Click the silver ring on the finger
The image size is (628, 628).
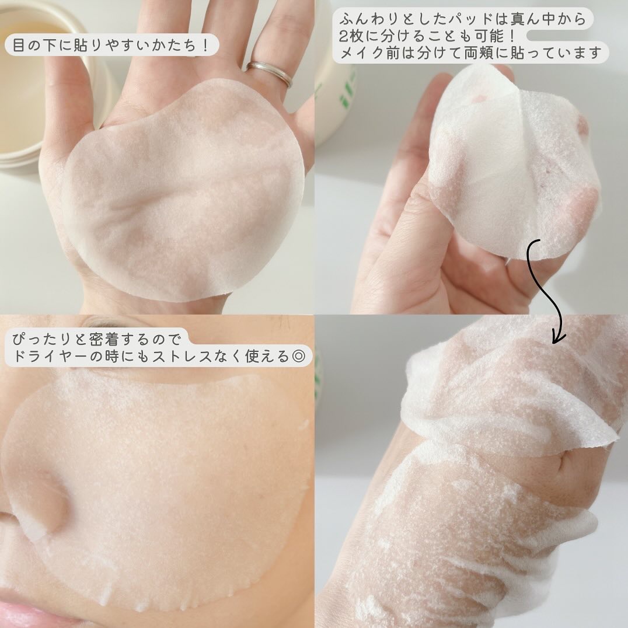click(269, 74)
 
